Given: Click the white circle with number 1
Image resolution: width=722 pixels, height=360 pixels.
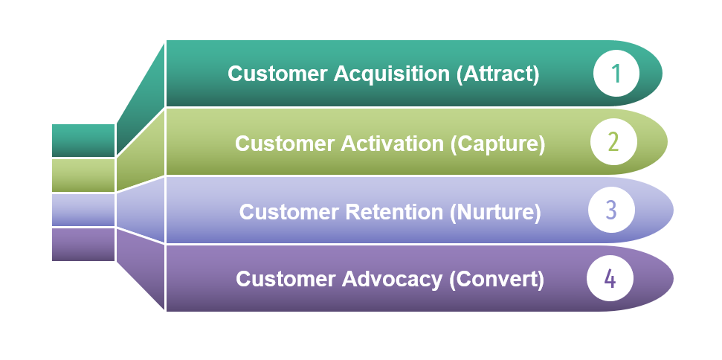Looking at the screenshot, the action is [616, 74].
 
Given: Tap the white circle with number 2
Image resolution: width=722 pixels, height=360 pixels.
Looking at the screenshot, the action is [613, 142].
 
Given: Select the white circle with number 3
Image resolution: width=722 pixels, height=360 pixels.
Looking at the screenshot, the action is [611, 210].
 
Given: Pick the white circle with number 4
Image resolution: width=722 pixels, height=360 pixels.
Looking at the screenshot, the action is [610, 278].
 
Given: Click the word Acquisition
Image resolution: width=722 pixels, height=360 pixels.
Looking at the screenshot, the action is [391, 74].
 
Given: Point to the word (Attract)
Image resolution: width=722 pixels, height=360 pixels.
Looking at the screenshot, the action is [497, 74].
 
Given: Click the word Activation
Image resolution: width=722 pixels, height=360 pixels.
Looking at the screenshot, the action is [393, 144].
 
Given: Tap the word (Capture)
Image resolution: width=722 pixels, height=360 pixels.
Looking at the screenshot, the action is [497, 144].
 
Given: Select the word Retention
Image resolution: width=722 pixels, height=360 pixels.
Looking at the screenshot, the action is [393, 212].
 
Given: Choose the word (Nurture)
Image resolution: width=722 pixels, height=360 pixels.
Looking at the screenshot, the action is [495, 212].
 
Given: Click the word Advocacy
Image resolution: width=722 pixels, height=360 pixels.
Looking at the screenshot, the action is [392, 280].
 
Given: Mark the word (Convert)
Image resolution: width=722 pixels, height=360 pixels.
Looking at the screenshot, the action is [497, 280].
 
